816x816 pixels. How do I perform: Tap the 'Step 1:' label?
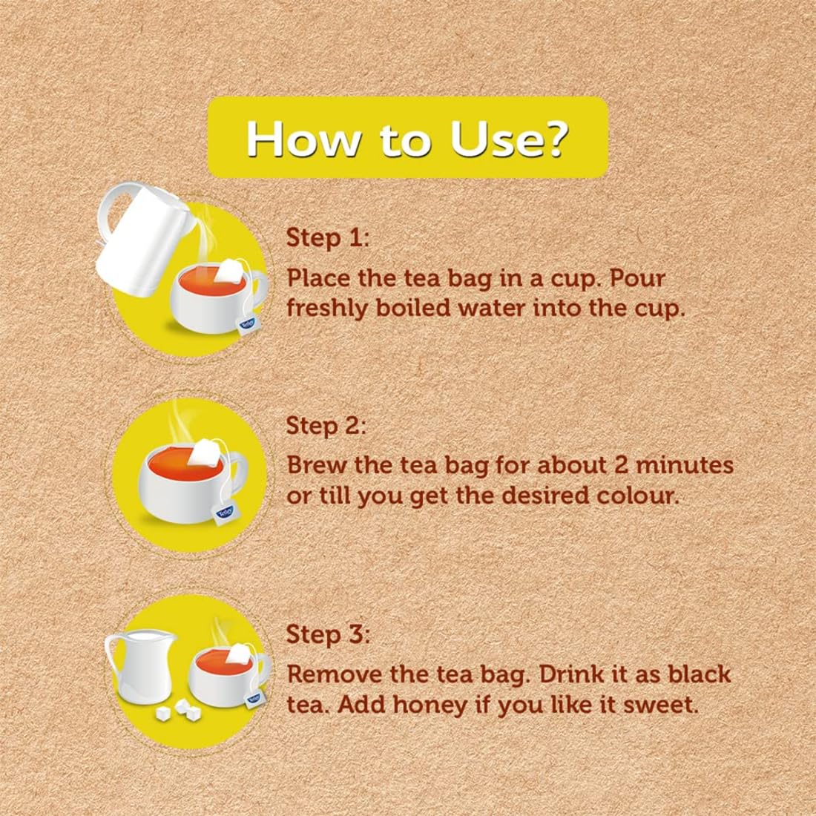click(327, 238)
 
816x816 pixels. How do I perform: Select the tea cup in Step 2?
click(189, 475)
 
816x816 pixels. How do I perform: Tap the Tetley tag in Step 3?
click(255, 698)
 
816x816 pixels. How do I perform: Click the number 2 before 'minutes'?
click(622, 465)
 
